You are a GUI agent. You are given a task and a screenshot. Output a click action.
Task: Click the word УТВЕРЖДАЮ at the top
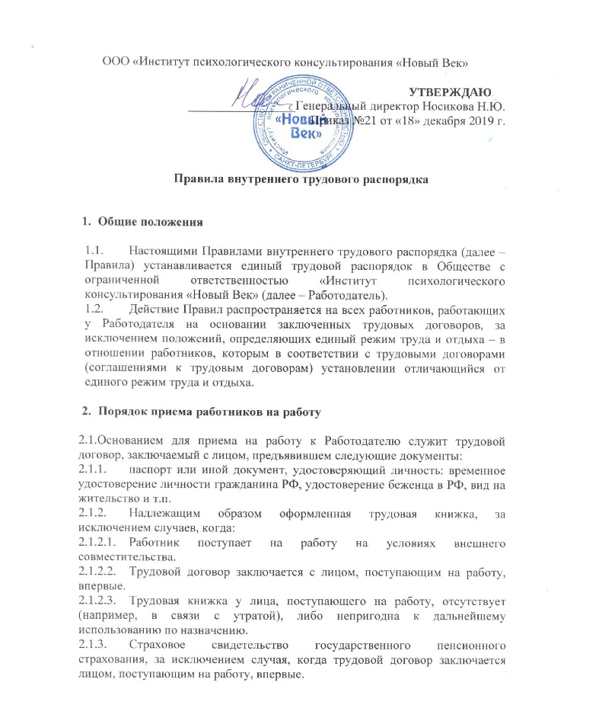(x=448, y=92)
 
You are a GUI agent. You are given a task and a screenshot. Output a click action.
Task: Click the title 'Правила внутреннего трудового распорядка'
(x=299, y=180)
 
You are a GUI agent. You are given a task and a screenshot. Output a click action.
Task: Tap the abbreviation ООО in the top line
(x=116, y=61)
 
